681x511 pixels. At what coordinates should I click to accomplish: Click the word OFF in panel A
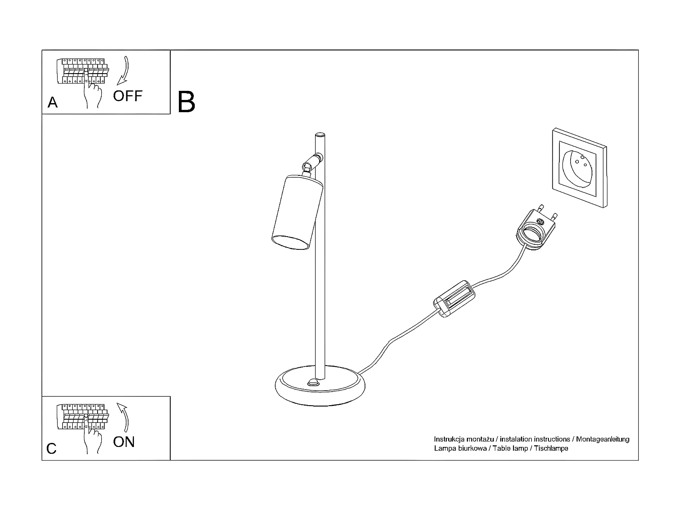(128, 96)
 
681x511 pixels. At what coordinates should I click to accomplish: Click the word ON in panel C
(124, 442)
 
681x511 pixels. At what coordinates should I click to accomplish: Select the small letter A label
(53, 103)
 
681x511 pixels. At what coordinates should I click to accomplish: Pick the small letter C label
(52, 448)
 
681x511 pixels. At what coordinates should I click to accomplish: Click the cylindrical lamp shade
(296, 212)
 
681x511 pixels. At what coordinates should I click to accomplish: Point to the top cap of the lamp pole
(320, 135)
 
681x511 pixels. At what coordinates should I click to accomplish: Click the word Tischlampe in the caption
(551, 448)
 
